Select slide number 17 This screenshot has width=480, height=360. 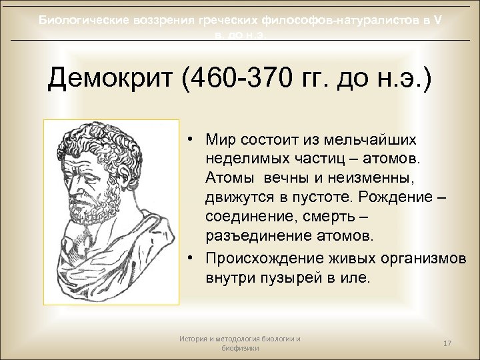click(x=448, y=343)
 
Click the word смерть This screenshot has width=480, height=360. click(x=323, y=219)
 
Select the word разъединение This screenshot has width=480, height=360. click(x=254, y=237)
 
